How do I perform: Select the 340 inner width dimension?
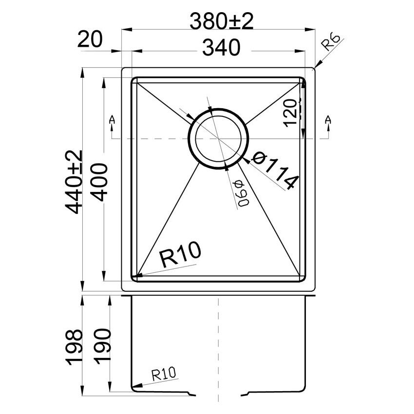coord(222,48)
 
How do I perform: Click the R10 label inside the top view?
coord(180,254)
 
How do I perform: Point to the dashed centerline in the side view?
coord(219,341)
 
